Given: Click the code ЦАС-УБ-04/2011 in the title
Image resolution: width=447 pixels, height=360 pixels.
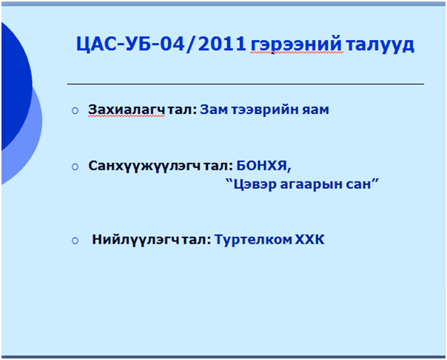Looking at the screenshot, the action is click(x=161, y=44).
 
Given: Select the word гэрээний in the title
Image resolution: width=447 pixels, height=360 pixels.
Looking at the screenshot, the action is click(x=297, y=44).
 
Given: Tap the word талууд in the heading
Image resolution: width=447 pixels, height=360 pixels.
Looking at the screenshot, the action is click(x=380, y=44).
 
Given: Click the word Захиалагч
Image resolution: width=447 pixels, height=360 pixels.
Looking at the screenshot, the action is click(x=127, y=110).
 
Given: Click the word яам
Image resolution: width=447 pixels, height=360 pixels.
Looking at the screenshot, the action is click(x=315, y=110).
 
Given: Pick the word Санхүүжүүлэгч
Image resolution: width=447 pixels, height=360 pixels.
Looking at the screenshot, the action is click(x=144, y=165).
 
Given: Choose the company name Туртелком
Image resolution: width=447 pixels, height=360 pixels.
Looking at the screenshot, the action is click(x=253, y=239).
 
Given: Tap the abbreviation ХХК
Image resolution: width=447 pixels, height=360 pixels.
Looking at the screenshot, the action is click(x=309, y=239).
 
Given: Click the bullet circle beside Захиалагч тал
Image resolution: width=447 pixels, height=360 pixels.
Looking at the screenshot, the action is click(x=75, y=110).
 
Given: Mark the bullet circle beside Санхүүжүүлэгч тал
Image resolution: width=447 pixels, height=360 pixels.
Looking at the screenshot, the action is click(x=75, y=167).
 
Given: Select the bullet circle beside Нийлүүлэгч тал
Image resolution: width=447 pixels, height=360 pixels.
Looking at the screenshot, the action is click(x=75, y=241).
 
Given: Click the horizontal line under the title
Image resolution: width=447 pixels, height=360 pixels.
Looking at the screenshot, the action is click(x=246, y=84).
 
